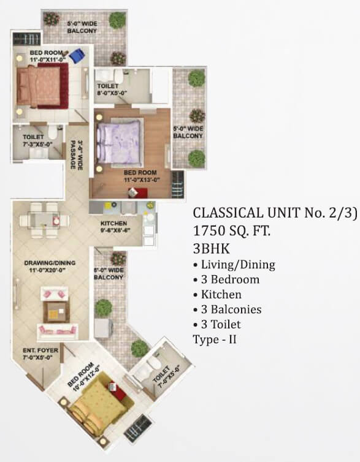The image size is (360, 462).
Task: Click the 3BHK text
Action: click(x=207, y=248)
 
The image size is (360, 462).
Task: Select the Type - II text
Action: click(x=214, y=338)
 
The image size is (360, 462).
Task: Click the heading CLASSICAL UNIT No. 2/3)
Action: click(x=275, y=213)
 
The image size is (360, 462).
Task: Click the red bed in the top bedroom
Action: click(x=40, y=86)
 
